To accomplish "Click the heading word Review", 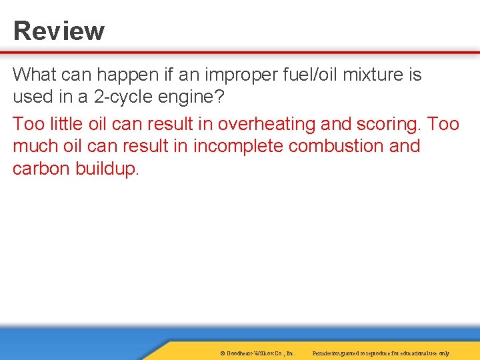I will [x=59, y=31].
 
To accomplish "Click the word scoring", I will [x=389, y=124].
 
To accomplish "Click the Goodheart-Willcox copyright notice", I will [x=257, y=353].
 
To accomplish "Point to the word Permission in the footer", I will [x=327, y=353].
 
